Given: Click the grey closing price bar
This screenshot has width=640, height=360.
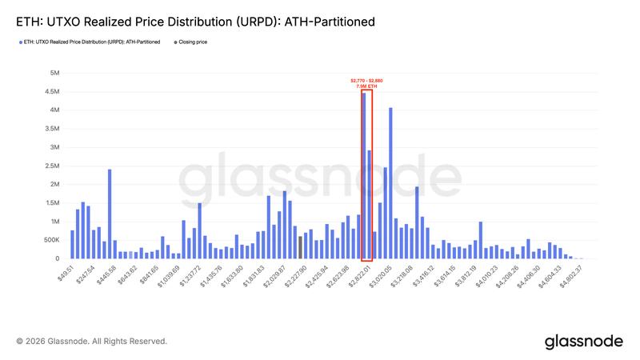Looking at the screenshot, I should pyautogui.click(x=300, y=247).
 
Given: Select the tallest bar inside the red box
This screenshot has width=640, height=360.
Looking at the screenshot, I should pyautogui.click(x=364, y=176).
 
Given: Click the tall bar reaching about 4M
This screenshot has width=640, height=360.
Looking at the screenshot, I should pyautogui.click(x=390, y=183).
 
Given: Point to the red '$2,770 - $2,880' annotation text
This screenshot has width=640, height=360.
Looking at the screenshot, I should pyautogui.click(x=367, y=80).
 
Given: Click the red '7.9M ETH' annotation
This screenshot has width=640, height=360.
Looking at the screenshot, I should pyautogui.click(x=367, y=86).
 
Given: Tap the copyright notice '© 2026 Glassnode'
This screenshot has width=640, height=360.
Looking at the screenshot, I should pyautogui.click(x=91, y=342).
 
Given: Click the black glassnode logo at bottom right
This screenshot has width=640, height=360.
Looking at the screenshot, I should pyautogui.click(x=583, y=342).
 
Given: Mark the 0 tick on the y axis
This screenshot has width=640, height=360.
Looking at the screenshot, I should pyautogui.click(x=56, y=258).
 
